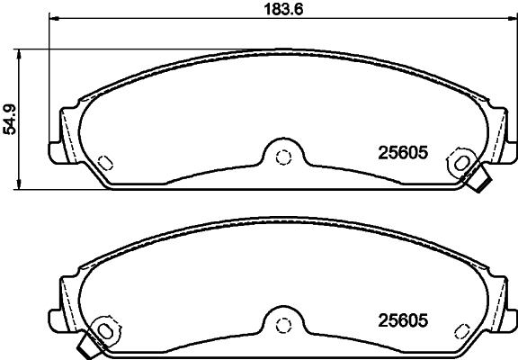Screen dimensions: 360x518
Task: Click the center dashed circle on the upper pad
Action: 283,157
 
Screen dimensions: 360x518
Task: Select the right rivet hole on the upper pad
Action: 464,162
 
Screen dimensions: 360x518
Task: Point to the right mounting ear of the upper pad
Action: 507,139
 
